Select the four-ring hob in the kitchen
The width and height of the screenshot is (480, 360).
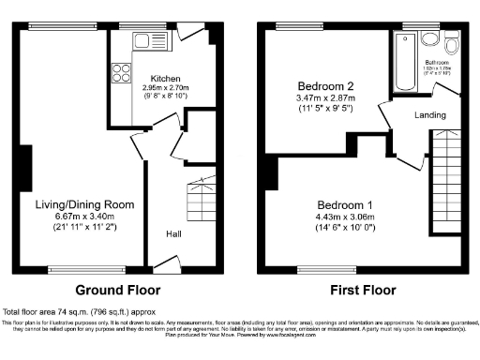pos(121,73)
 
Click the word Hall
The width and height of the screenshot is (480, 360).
pos(174,234)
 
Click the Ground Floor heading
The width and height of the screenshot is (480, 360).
pos(117,290)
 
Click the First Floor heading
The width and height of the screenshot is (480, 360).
pos(360,290)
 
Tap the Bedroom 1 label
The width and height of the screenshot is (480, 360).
pos(343,205)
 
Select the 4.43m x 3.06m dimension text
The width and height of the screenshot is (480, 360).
pos(343,217)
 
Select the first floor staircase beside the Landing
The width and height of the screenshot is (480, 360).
pos(444,173)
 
